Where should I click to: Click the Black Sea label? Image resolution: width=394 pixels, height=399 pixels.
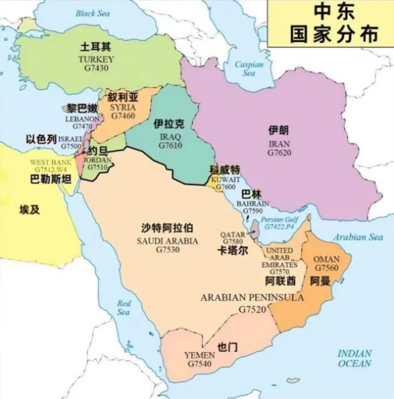pos(93,13)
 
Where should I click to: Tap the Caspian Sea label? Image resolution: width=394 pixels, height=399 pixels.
pos(249,68)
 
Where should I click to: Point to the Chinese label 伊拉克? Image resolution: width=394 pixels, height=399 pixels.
pos(169,125)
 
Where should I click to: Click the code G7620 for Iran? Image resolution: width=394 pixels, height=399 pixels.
pos(279,153)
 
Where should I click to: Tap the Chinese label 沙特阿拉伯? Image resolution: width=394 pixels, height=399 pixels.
pos(167,228)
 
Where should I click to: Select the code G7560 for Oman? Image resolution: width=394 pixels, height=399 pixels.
pos(326,268)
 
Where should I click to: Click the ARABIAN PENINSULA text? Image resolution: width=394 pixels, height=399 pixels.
pos(252,297)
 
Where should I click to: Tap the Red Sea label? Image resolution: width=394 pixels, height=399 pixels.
pos(124,308)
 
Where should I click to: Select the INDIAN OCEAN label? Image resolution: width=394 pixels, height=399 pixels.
pos(355,358)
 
